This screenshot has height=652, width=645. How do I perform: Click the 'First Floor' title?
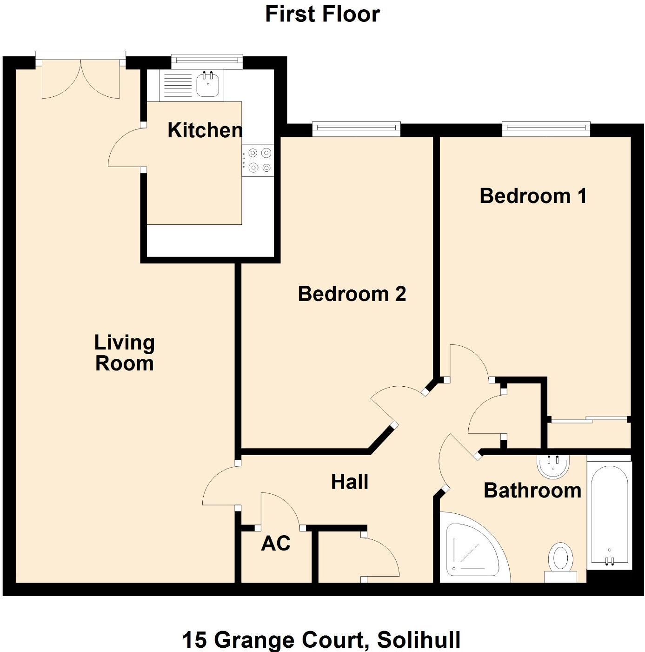click(x=322, y=14)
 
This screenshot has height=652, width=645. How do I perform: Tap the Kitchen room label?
click(x=205, y=130)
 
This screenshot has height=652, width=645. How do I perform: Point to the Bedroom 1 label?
click(x=533, y=196)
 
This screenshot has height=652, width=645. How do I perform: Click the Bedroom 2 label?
click(x=352, y=294)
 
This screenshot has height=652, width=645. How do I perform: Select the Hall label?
click(x=350, y=482)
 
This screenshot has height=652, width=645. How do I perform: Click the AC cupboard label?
click(x=276, y=543)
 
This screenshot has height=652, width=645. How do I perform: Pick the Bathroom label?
click(x=532, y=491)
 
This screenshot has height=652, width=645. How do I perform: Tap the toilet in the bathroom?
click(x=560, y=561)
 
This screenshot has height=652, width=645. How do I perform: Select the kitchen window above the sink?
click(x=207, y=60)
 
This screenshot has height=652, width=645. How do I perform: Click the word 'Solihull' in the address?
click(x=419, y=640)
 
